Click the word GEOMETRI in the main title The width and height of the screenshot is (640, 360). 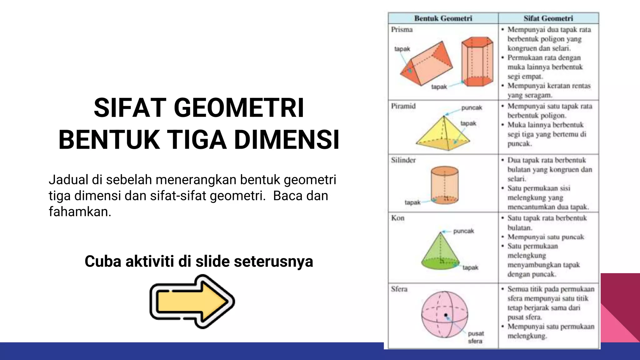coord(238,108)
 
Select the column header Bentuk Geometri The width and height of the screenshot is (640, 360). coord(443,18)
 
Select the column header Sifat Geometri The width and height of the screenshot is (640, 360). coord(548,18)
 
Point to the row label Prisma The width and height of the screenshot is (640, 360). coord(402,29)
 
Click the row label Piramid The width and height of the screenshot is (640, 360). coord(403,106)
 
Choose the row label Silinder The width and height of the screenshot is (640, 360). coord(403,160)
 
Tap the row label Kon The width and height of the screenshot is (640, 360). coord(397,218)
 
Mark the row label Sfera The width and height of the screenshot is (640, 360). coord(399,289)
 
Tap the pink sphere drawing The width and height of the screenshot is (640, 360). coord(444,314)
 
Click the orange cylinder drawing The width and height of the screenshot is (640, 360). coord(444,185)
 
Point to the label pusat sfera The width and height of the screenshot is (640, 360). coord(476,337)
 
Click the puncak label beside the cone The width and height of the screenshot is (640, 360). coord(463,231)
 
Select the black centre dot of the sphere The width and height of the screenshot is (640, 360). coord(446,315)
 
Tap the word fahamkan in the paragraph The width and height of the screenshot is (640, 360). coord(79,212)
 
